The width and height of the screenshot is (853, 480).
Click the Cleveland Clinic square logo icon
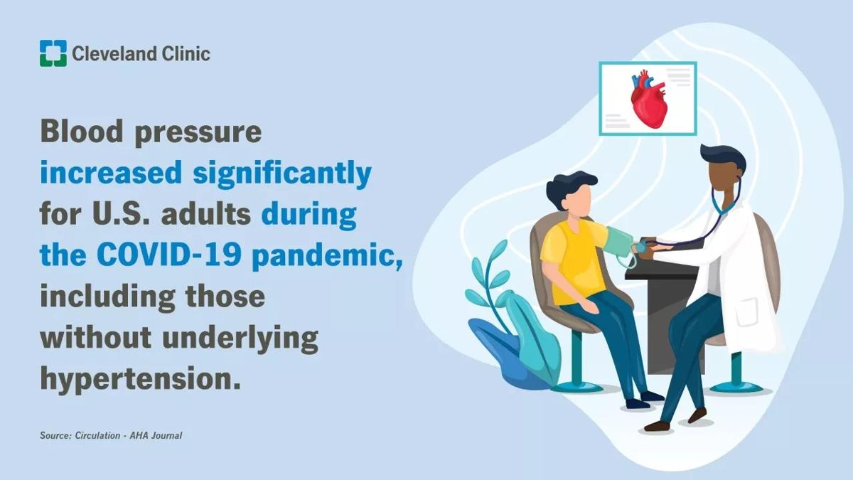53,53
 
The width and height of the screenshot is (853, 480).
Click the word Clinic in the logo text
186,53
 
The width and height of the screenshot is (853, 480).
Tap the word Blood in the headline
82,131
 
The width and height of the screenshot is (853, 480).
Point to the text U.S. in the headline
119,214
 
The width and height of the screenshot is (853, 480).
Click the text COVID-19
168,255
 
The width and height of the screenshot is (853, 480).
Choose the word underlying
240,339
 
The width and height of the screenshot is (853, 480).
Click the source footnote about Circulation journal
111,435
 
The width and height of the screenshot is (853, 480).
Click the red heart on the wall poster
648,99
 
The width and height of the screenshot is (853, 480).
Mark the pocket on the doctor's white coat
748,312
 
